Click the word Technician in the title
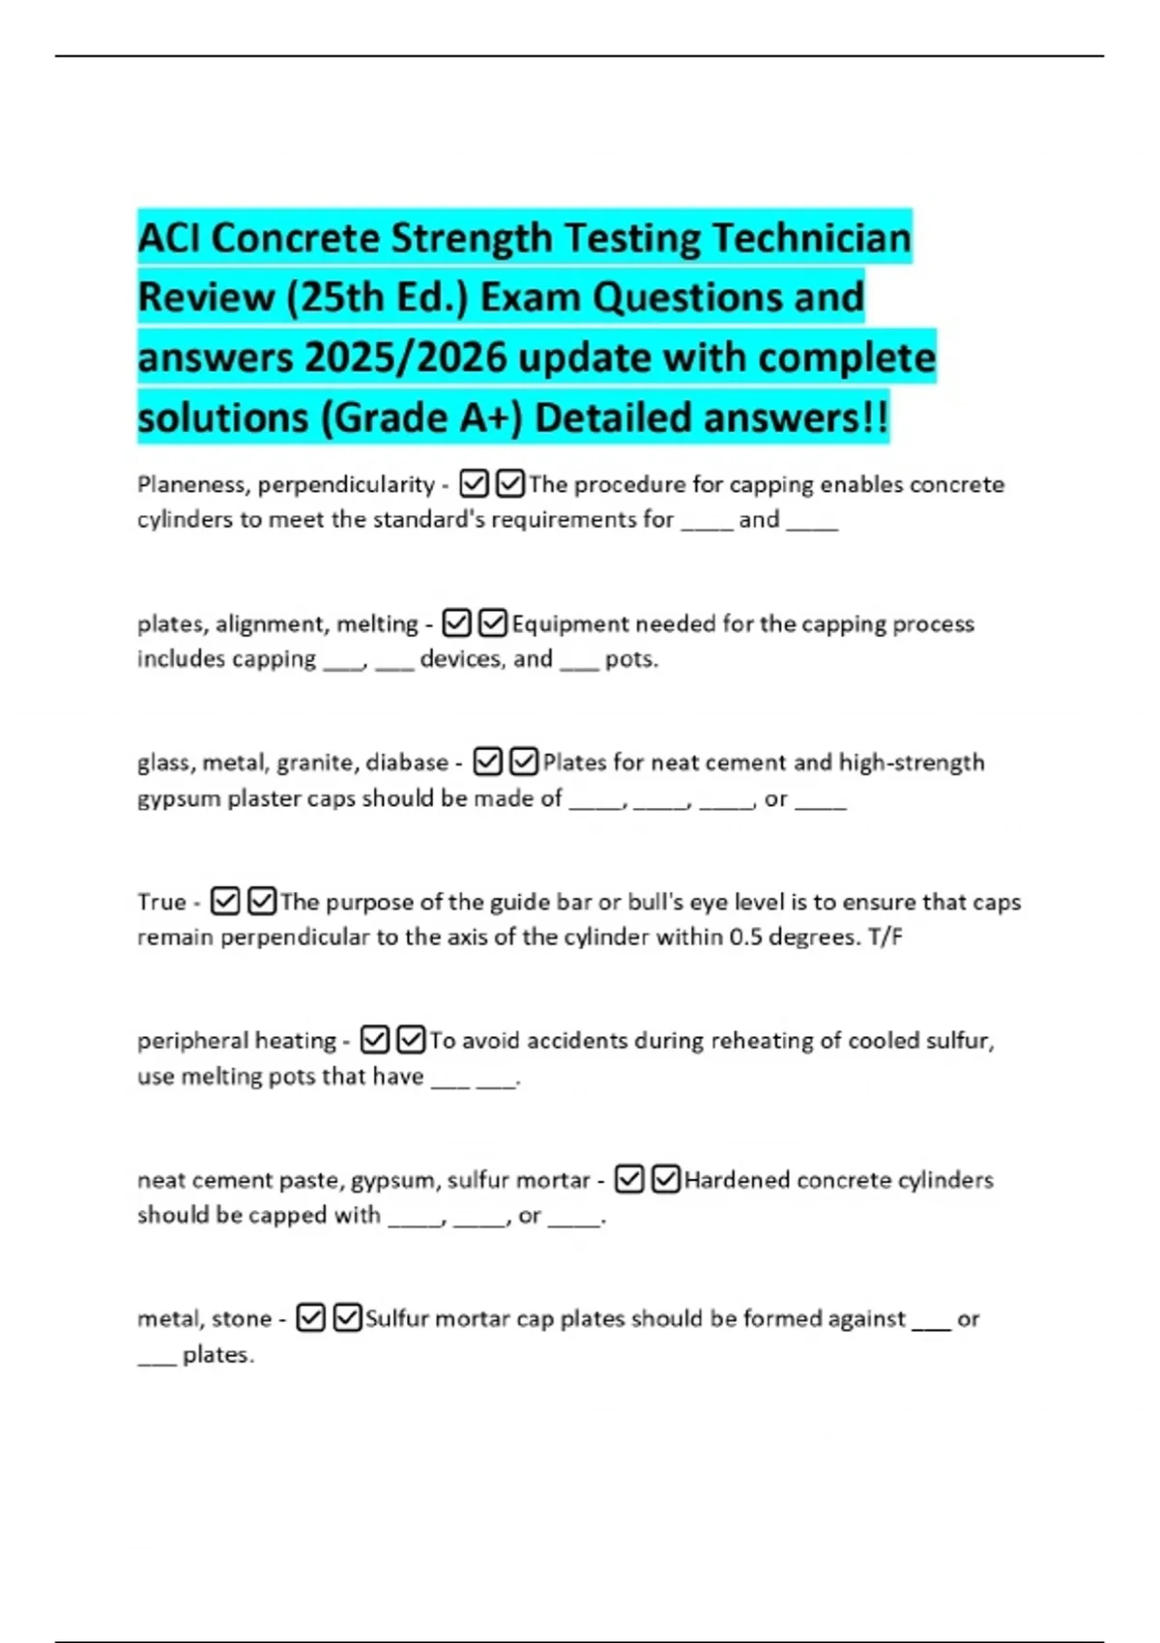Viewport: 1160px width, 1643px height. (x=812, y=238)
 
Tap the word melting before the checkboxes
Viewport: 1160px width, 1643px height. (x=377, y=624)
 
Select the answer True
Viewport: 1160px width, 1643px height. (x=161, y=902)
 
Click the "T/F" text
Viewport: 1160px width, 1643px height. (x=885, y=937)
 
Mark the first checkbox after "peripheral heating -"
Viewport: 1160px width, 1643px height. (x=374, y=1040)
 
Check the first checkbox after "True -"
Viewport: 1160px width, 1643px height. (x=224, y=902)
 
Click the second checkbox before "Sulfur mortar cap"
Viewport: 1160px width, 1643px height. (x=347, y=1318)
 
